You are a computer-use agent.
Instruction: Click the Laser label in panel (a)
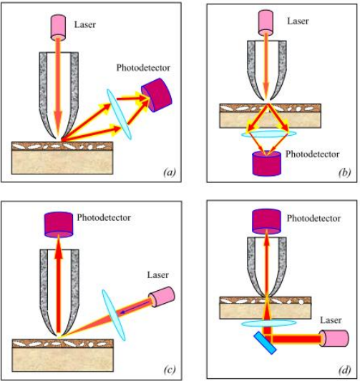85,24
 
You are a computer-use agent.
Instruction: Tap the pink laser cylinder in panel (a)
58,27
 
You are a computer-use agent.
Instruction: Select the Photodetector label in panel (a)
143,68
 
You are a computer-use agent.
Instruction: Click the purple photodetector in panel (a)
157,95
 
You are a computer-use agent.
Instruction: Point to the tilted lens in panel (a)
120,114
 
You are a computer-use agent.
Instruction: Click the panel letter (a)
170,172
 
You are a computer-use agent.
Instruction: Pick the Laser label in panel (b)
298,21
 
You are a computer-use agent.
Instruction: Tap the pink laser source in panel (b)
266,23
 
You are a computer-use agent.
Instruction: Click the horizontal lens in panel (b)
268,134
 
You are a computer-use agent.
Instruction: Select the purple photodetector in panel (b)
267,164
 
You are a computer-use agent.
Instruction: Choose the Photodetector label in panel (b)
313,154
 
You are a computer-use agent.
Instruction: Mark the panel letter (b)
345,172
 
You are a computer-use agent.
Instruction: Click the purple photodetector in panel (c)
59,224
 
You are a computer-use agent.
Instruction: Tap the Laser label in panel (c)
158,275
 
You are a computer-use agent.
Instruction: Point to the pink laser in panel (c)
162,297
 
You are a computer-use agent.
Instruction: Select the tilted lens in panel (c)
114,315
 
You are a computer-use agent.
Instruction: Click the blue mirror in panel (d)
265,343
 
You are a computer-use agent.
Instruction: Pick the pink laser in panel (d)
334,337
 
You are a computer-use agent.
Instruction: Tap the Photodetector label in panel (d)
313,219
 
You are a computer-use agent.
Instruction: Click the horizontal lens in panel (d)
269,323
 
